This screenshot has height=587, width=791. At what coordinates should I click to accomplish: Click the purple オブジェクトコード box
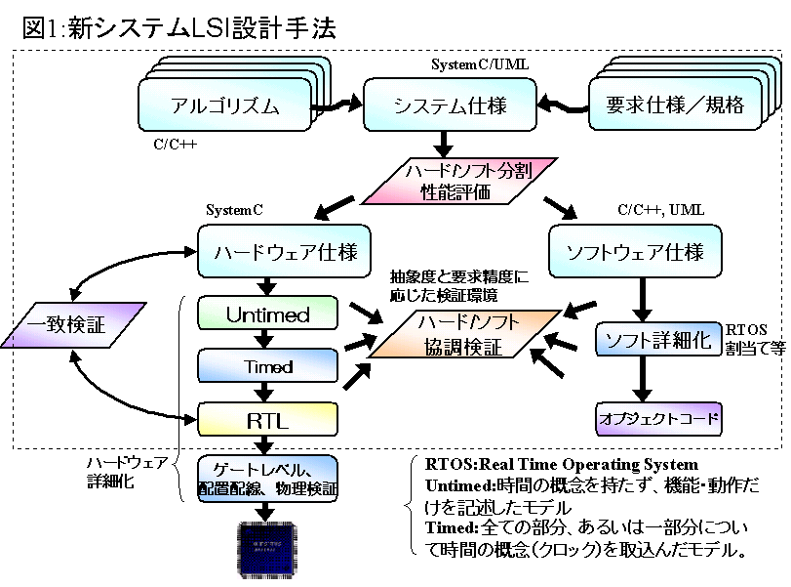click(659, 420)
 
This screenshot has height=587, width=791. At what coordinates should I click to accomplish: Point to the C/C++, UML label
click(660, 209)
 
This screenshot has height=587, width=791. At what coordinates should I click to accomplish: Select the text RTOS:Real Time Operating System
click(562, 464)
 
